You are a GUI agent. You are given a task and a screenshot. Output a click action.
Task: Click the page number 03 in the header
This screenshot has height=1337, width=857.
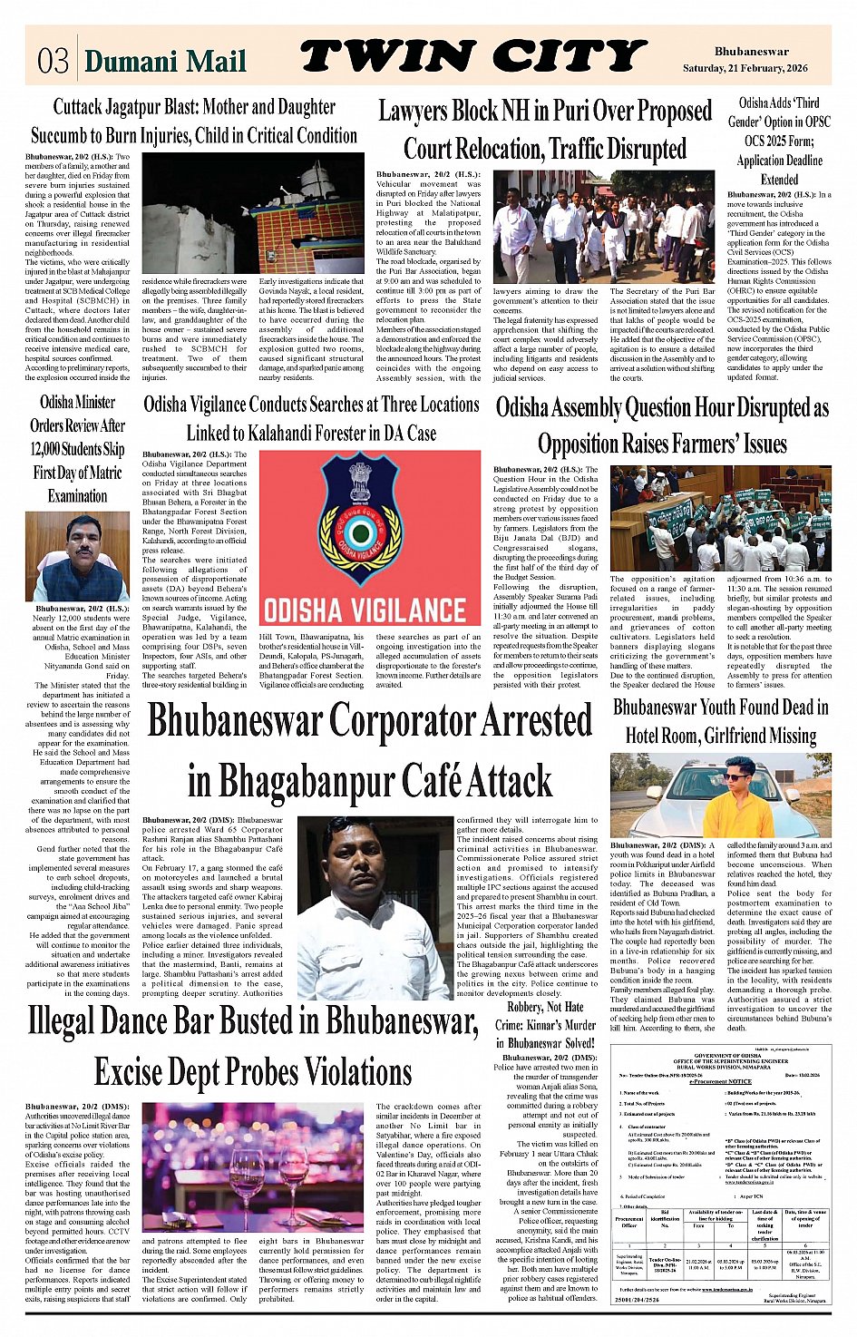54,61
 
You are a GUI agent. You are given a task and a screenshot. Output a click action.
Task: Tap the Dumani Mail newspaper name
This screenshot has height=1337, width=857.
165,61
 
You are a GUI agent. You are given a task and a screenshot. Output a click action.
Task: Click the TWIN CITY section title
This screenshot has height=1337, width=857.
472,57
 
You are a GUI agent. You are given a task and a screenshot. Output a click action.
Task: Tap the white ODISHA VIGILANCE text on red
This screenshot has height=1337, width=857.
365,608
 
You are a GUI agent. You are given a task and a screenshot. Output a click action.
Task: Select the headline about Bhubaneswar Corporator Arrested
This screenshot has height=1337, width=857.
370,751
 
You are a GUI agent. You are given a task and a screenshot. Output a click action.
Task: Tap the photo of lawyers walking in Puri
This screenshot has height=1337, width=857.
604,227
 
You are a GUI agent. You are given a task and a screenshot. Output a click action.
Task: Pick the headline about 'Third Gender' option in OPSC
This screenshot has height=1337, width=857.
779,141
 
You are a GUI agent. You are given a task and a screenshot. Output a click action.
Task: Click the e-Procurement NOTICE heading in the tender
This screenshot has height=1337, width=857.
720,1081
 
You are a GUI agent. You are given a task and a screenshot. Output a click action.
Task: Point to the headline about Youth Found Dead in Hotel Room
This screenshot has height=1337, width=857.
720,720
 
